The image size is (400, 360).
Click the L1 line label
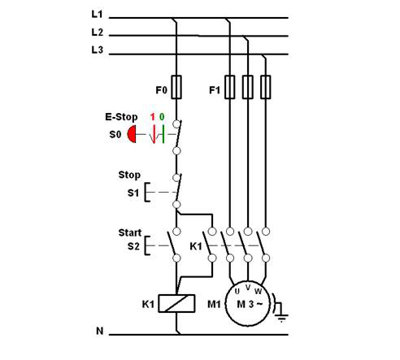(x=97, y=14)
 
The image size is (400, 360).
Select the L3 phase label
(x=97, y=50)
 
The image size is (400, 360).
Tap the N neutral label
(x=100, y=331)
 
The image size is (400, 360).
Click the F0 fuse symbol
(x=176, y=87)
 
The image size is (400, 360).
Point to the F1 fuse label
(x=215, y=90)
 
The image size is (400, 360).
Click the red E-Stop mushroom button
(x=132, y=134)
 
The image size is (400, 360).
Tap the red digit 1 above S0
(x=153, y=117)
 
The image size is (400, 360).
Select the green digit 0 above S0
(x=162, y=117)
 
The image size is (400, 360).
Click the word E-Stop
(x=121, y=117)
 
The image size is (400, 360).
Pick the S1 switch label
(x=133, y=193)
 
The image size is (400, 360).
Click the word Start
(x=130, y=232)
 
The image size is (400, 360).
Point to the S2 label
(x=133, y=246)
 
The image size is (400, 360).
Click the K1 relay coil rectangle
(x=176, y=303)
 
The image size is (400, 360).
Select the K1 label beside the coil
(x=148, y=304)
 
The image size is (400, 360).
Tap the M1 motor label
(x=214, y=305)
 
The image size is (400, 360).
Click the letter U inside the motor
(x=237, y=292)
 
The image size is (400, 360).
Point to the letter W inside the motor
(x=259, y=292)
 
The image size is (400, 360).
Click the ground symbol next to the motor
(x=280, y=309)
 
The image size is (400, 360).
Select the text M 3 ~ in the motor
(x=250, y=304)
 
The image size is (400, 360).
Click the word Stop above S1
(x=129, y=175)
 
